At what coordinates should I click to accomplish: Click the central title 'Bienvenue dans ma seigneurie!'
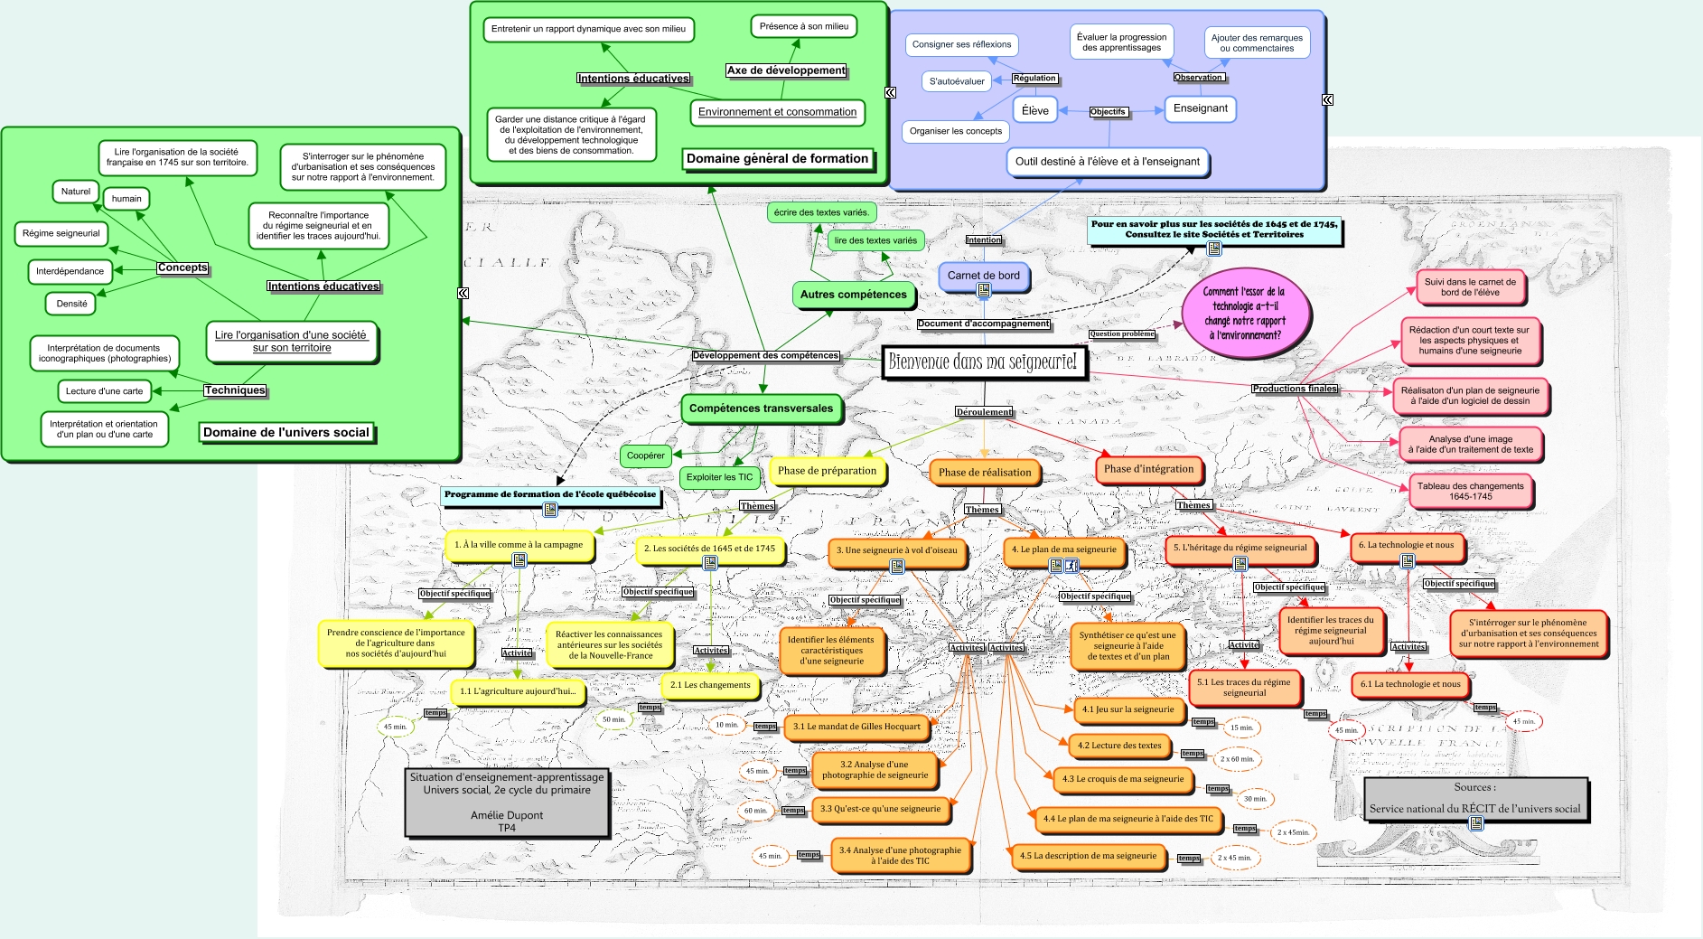pyautogui.click(x=983, y=362)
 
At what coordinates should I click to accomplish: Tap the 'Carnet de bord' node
pyautogui.click(x=983, y=275)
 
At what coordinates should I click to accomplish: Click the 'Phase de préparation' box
pyautogui.click(x=827, y=471)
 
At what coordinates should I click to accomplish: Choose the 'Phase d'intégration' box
pyautogui.click(x=1148, y=469)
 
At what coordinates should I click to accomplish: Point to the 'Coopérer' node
pyautogui.click(x=645, y=455)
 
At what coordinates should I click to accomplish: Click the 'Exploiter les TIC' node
pyautogui.click(x=719, y=477)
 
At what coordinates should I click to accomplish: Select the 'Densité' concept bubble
pyautogui.click(x=71, y=304)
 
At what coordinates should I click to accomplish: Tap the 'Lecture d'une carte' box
pyautogui.click(x=104, y=391)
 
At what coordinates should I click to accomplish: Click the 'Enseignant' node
pyautogui.click(x=1200, y=108)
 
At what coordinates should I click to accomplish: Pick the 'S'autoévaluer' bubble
pyautogui.click(x=957, y=81)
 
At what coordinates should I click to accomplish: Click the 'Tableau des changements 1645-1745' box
pyautogui.click(x=1470, y=491)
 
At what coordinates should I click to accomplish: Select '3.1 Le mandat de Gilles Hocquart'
pyautogui.click(x=856, y=727)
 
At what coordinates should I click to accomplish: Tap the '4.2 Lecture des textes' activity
pyautogui.click(x=1119, y=746)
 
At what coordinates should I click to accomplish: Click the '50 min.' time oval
pyautogui.click(x=613, y=719)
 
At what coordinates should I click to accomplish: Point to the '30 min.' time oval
pyautogui.click(x=1255, y=799)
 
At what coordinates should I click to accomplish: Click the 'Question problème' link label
pyautogui.click(x=1121, y=334)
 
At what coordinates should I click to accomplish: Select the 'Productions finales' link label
pyautogui.click(x=1294, y=389)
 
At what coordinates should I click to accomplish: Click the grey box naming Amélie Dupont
pyautogui.click(x=507, y=802)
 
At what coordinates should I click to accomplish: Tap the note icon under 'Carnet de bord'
pyautogui.click(x=983, y=291)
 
